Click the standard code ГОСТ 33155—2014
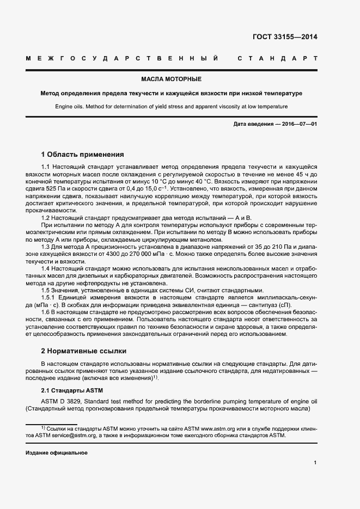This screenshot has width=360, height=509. click(x=285, y=38)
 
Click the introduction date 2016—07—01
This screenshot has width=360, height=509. click(x=298, y=124)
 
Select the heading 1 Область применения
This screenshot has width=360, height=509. click(x=83, y=154)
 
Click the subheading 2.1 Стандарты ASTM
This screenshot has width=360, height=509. click(x=72, y=391)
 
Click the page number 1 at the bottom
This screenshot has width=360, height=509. click(x=315, y=463)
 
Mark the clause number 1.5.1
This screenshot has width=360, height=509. click(x=50, y=298)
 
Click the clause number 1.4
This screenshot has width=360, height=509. click(x=46, y=269)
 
